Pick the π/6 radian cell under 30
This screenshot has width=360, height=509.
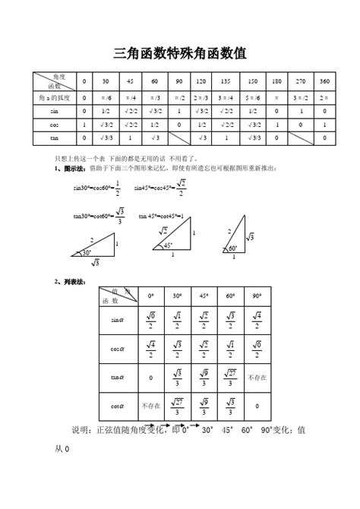106,97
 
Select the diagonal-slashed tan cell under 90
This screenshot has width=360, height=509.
178,138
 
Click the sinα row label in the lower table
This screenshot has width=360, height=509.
117,321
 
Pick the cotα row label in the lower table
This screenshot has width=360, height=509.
117,406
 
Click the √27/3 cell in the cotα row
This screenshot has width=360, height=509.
176,406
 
